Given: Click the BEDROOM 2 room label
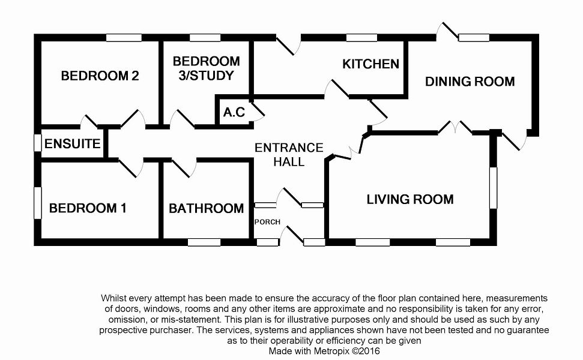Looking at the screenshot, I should (x=100, y=76).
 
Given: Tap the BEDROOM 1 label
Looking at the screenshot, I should (x=88, y=208).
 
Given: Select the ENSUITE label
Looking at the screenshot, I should (x=72, y=144).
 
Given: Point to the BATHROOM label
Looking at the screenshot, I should (x=206, y=208).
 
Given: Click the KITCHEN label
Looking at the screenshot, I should (x=370, y=64).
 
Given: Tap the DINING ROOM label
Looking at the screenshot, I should (x=470, y=82).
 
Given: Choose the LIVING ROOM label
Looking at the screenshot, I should (x=410, y=199).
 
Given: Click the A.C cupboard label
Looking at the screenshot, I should (x=234, y=112).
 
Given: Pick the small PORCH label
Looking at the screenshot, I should (x=268, y=222).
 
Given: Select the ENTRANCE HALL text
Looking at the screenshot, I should (x=289, y=154).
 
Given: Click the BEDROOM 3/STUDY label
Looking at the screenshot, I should (x=206, y=68).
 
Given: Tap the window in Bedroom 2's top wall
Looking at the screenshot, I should (x=124, y=38).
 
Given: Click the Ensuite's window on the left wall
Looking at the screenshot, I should (x=37, y=143).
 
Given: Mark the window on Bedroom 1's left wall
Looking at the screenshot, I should (x=37, y=202).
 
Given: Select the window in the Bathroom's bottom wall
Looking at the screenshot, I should (x=205, y=242).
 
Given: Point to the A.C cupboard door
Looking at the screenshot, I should (x=258, y=112).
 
